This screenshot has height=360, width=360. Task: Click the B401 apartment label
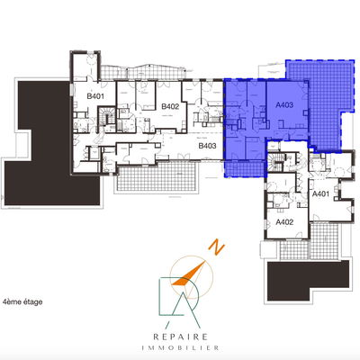95,96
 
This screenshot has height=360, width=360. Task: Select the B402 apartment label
170,106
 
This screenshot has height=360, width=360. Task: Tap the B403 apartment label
207,146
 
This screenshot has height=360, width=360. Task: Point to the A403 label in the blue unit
284,105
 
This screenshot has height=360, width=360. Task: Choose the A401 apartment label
320,193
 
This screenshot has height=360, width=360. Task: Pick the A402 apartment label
284,222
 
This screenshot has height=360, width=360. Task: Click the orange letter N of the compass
217,247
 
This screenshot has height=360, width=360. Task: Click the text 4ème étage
22,301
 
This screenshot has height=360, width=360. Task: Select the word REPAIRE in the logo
180,337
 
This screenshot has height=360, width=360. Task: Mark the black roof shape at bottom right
309,279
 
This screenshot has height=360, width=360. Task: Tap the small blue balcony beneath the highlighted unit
245,169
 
